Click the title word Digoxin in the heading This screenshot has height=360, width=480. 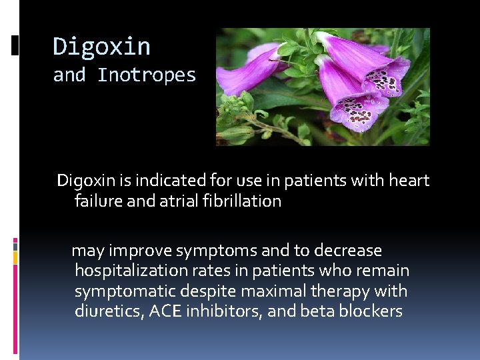(x=101, y=47)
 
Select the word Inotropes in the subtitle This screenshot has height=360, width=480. (x=147, y=75)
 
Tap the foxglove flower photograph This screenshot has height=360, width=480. (x=323, y=87)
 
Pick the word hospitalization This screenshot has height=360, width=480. (x=133, y=271)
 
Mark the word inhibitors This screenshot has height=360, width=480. (x=226, y=311)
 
